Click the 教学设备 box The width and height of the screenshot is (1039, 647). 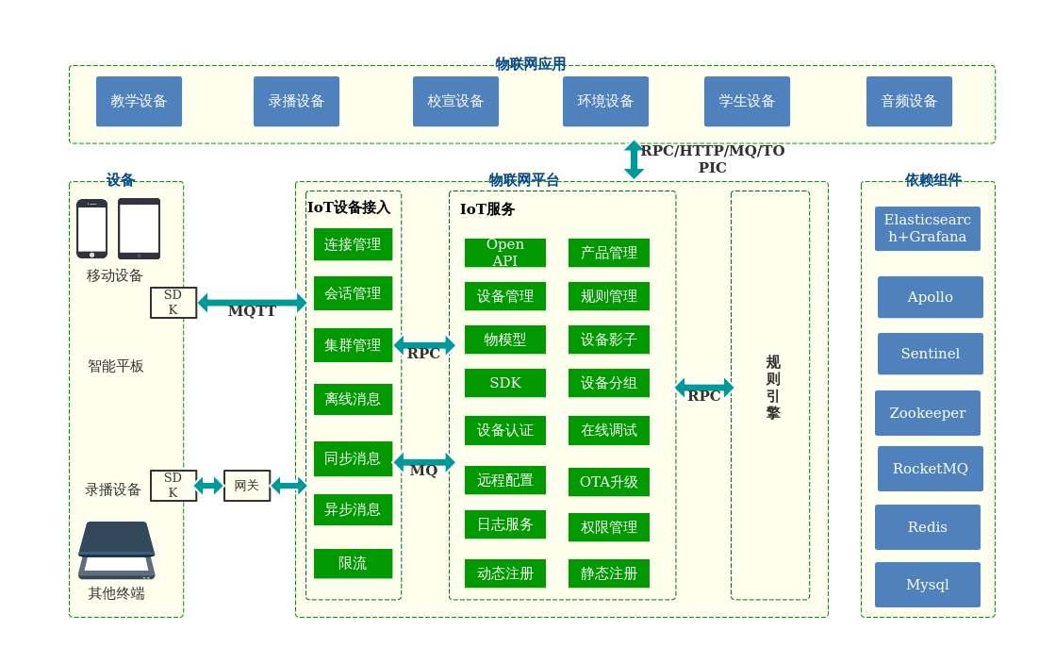139,102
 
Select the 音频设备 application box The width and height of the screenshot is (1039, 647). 909,102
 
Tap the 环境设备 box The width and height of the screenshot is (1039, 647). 605,102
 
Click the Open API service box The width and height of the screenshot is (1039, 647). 504,253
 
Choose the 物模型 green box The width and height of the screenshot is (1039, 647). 504,340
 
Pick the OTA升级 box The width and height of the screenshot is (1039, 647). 608,482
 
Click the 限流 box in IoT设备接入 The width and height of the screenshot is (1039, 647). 353,563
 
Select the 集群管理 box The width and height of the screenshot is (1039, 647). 353,345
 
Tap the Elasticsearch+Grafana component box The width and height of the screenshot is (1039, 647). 927,228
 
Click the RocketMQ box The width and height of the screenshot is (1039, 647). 930,469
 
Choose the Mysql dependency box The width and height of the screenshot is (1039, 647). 927,585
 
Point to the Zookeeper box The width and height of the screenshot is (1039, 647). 927,413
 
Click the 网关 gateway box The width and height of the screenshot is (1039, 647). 246,486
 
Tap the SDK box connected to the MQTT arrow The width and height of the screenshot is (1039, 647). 173,303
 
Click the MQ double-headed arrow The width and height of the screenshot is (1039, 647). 423,462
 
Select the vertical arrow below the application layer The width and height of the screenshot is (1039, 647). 634,160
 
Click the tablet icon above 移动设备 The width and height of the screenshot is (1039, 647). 139,228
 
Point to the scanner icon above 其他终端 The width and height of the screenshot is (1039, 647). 116,551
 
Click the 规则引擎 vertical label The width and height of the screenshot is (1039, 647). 772,388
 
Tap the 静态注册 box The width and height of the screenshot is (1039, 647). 608,573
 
